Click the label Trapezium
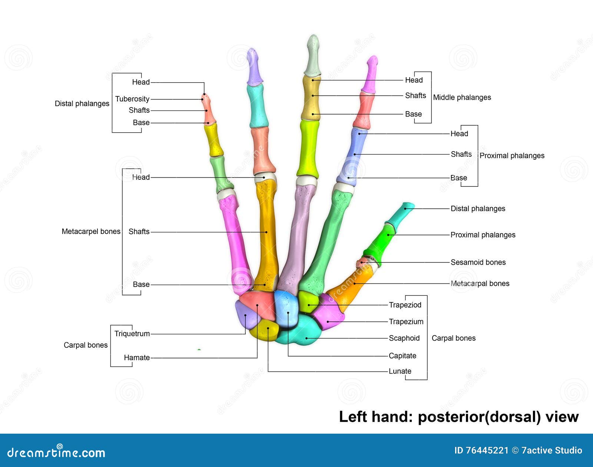(x=406, y=322)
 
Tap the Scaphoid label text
(x=404, y=338)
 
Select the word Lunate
(x=400, y=371)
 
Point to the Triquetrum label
(x=132, y=334)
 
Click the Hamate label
(x=137, y=358)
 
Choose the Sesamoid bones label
(x=478, y=262)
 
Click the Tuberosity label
(x=132, y=99)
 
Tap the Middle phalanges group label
(x=462, y=97)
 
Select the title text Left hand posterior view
(x=458, y=417)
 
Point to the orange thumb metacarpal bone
(x=352, y=285)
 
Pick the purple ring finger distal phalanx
(x=254, y=69)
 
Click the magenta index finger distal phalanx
(x=371, y=74)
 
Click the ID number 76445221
(x=487, y=450)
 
